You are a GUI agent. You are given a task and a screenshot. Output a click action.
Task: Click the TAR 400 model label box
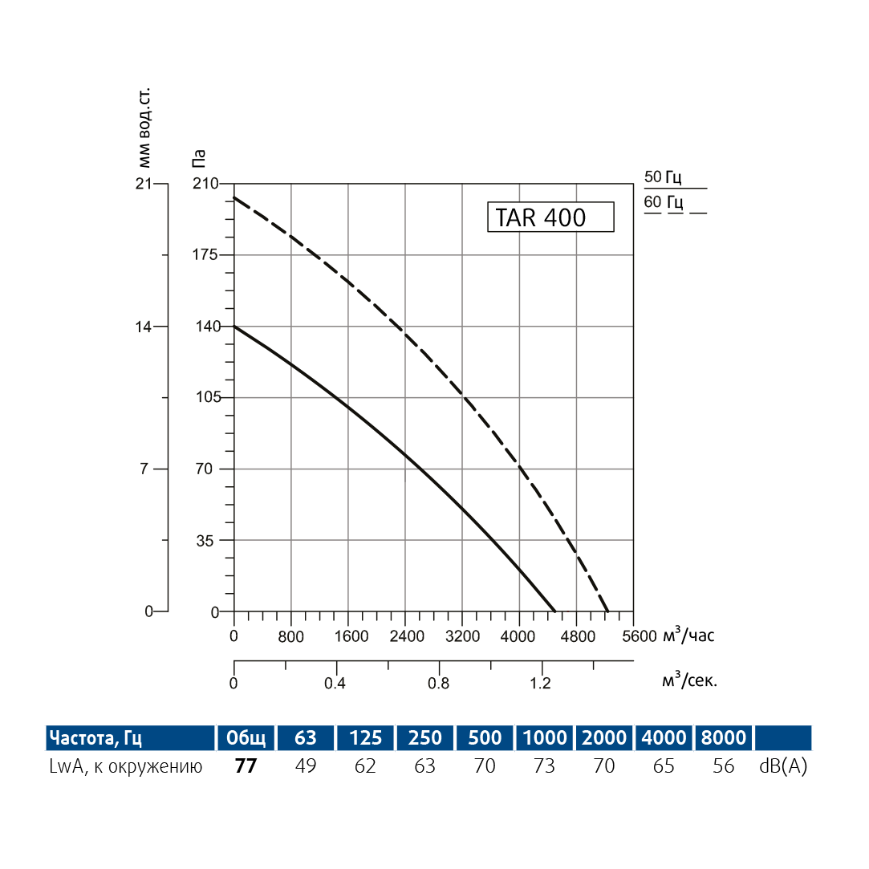pos(550,217)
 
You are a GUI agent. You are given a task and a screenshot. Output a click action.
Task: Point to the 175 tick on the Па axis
pos(209,255)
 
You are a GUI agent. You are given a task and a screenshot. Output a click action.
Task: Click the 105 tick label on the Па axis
pos(209,398)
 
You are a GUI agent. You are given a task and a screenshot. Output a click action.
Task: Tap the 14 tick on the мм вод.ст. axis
pos(146,327)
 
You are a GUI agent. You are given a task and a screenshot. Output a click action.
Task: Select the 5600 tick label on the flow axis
pos(639,637)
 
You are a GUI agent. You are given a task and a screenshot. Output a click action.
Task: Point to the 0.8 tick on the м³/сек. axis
pos(439,684)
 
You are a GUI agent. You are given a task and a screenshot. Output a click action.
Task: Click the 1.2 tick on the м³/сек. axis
pos(542,684)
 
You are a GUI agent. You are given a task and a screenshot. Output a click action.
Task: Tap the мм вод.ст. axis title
pos(145,124)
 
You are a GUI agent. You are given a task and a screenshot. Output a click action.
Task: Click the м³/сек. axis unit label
pos(689,680)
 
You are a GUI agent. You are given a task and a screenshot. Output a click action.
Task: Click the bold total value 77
pos(246,766)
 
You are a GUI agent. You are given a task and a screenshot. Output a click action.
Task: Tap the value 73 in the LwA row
pos(544,766)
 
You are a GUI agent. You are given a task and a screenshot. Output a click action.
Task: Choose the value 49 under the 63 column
pos(306,766)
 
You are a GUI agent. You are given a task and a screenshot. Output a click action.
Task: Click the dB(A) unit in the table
pos(783,766)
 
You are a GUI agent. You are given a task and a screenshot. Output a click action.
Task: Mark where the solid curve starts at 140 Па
pos(234,327)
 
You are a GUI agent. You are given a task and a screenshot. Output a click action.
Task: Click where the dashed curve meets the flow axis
pos(608,611)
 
